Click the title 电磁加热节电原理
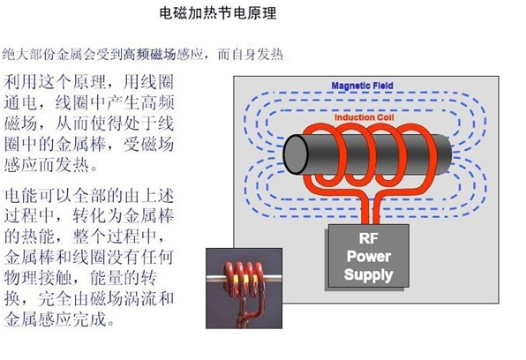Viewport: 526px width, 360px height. [x=218, y=13]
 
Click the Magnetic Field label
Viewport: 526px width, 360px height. [x=363, y=86]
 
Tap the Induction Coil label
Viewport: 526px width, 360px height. [x=364, y=117]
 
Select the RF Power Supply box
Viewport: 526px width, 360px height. [x=368, y=256]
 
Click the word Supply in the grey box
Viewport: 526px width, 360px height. [x=368, y=274]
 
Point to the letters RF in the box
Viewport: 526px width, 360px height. [x=368, y=238]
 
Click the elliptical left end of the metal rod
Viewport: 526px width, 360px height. [x=296, y=154]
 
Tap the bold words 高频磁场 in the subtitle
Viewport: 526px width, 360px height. [x=150, y=55]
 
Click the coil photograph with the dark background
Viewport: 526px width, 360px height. [x=244, y=289]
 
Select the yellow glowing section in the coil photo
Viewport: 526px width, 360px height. [x=246, y=279]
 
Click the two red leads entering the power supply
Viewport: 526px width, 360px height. [x=371, y=212]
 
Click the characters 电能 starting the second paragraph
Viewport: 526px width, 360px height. [x=21, y=195]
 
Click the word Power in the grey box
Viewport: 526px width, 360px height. [x=368, y=257]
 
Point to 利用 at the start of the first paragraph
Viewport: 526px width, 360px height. [x=21, y=82]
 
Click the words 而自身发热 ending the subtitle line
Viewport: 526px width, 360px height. [x=251, y=55]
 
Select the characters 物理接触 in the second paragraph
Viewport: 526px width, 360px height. [x=38, y=278]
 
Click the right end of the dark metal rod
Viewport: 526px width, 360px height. [x=449, y=154]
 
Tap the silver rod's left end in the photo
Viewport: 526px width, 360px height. [x=208, y=278]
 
